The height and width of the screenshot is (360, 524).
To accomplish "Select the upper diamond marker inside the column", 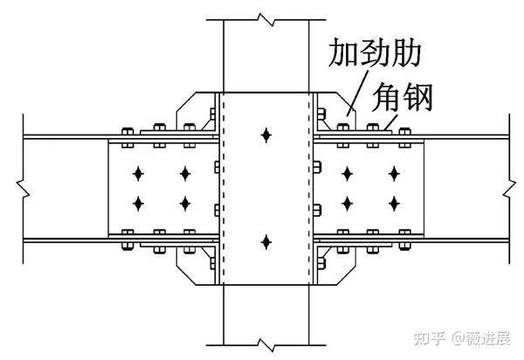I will click(x=265, y=135).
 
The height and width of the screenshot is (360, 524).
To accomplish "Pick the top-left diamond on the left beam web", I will click(x=138, y=173).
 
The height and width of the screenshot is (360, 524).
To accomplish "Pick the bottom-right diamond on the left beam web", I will click(x=185, y=204).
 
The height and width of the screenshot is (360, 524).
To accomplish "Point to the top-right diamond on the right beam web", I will click(x=394, y=173).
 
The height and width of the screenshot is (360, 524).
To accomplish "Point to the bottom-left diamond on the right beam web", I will click(x=347, y=204).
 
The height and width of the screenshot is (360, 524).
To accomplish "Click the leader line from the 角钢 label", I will click(x=389, y=121).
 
